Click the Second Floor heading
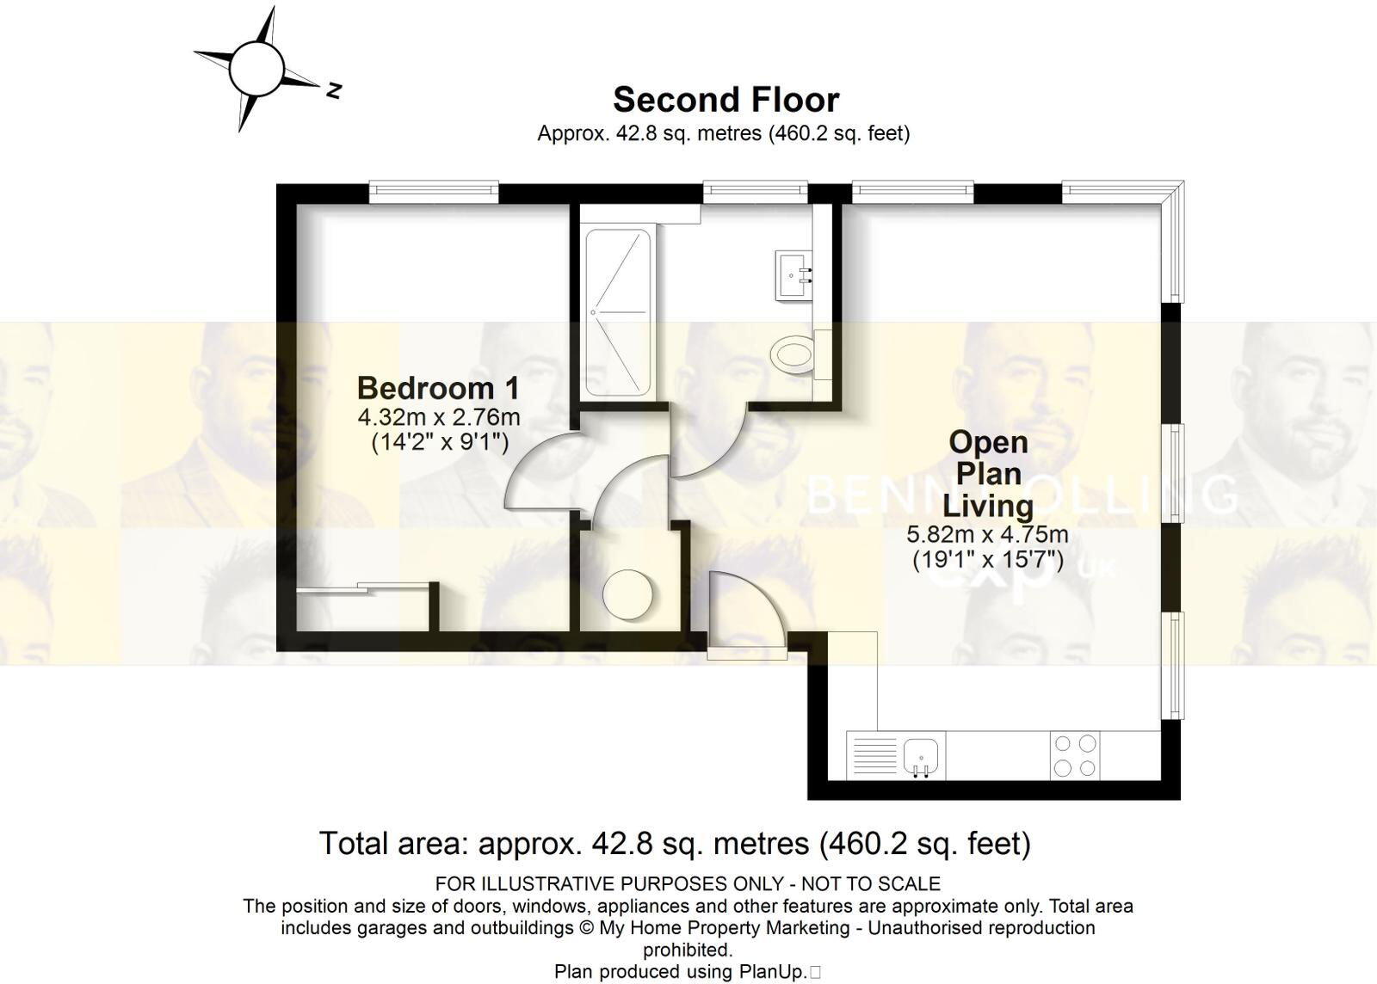click(726, 101)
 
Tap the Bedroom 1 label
click(438, 388)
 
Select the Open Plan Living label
click(988, 473)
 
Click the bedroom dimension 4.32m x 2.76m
click(439, 418)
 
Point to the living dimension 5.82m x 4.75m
click(988, 534)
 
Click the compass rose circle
click(256, 69)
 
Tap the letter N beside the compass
click(334, 89)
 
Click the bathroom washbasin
click(793, 274)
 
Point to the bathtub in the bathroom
click(618, 311)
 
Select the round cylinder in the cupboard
click(628, 594)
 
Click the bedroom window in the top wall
click(434, 190)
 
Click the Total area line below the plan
click(675, 843)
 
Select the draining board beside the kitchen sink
click(874, 755)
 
